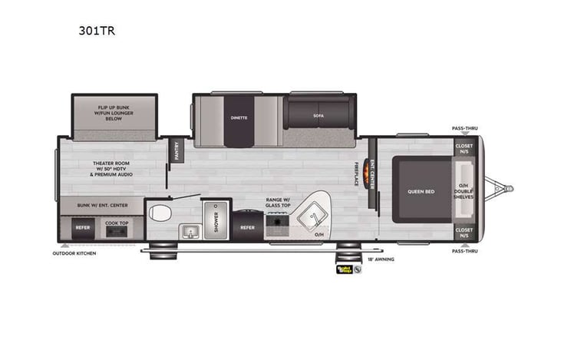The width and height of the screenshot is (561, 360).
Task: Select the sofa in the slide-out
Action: pyautogui.click(x=318, y=115)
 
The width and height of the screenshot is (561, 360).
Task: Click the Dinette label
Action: pyautogui.click(x=239, y=118)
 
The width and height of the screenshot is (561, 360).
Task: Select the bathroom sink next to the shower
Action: pyautogui.click(x=189, y=230)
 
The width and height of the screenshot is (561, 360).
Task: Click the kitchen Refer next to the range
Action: pyautogui.click(x=247, y=227)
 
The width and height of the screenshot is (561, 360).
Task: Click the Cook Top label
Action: pyautogui.click(x=117, y=223)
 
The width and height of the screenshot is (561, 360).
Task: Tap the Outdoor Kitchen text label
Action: pyautogui.click(x=74, y=253)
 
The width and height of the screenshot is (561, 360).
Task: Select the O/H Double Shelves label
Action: pyautogui.click(x=464, y=190)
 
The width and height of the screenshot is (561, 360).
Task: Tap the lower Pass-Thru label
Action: pyautogui.click(x=464, y=251)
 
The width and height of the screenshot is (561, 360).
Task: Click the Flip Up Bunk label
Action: pyautogui.click(x=113, y=111)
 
